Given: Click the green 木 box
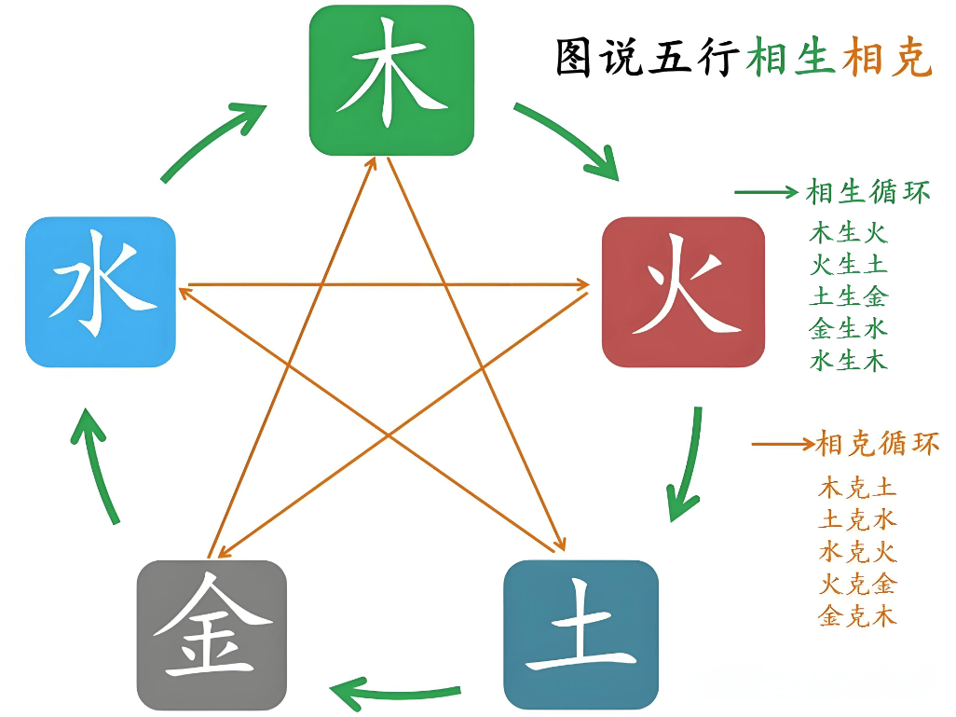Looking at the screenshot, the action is click(x=391, y=80).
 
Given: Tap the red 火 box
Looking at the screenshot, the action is click(x=683, y=292).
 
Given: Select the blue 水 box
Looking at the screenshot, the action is click(x=101, y=292).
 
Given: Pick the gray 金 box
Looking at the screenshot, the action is click(x=212, y=635).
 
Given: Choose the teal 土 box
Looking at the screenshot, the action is click(x=581, y=635).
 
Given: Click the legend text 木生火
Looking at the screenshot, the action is click(x=848, y=233).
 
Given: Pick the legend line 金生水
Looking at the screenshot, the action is click(x=848, y=329).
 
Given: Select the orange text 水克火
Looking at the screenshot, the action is click(x=857, y=552).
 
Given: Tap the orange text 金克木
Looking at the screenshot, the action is click(x=857, y=615).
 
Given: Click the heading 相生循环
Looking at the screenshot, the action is click(x=868, y=192).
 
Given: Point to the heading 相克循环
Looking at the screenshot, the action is click(x=878, y=443).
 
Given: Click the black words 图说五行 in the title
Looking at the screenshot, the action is click(x=648, y=58).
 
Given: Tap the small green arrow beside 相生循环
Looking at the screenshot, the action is click(x=767, y=192).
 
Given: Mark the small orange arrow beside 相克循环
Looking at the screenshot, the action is click(x=783, y=444).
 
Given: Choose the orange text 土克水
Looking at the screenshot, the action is click(x=857, y=520).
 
